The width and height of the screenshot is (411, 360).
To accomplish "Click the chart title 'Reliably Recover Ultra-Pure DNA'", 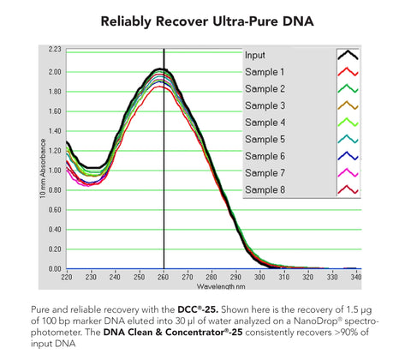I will (x=205, y=19).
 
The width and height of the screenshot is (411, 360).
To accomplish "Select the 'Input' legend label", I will (x=255, y=55).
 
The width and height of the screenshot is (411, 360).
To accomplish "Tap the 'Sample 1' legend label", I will (x=264, y=72).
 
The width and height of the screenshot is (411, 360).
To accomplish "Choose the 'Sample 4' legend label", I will (x=264, y=122).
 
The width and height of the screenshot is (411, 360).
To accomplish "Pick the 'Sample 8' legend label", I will (x=264, y=189).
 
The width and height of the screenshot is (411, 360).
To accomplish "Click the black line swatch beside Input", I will (x=348, y=55).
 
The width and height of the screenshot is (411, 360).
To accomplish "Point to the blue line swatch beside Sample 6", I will (x=348, y=155).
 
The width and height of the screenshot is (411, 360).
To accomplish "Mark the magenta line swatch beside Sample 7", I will (x=348, y=172).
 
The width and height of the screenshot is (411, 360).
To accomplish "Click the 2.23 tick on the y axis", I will (x=55, y=50).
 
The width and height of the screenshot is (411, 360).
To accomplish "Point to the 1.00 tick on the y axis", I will (x=55, y=170).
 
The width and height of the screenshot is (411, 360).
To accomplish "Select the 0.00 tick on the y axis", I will (x=55, y=268).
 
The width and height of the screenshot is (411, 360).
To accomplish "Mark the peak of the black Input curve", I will (x=161, y=69).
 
